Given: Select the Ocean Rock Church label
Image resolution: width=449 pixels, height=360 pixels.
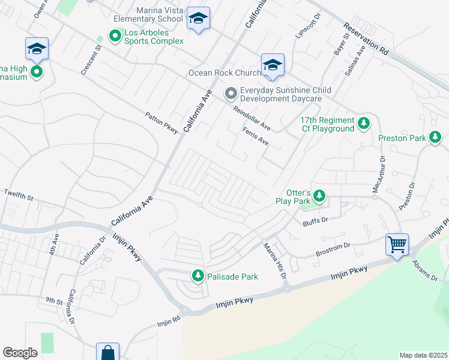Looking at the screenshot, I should point(224,73).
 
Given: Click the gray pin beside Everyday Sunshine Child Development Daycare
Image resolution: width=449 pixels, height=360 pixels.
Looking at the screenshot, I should point(231,94).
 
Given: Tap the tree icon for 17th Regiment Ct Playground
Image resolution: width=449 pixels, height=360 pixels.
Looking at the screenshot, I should point(363,124).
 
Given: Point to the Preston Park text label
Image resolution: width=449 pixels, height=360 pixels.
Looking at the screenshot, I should point(402,138).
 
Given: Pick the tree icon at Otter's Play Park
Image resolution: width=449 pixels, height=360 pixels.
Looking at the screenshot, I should point(320,196).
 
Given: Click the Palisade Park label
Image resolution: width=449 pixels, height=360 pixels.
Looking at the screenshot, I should point(232,277).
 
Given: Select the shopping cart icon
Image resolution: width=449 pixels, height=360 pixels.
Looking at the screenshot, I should point(397,244).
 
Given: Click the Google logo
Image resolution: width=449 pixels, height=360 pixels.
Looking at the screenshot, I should point(20,352).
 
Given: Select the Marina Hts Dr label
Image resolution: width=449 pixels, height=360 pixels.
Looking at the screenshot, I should point(274,260).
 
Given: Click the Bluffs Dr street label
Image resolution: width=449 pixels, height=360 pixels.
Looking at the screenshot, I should point(316,220).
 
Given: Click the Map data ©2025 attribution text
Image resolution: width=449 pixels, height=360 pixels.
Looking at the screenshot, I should point(423,355).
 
